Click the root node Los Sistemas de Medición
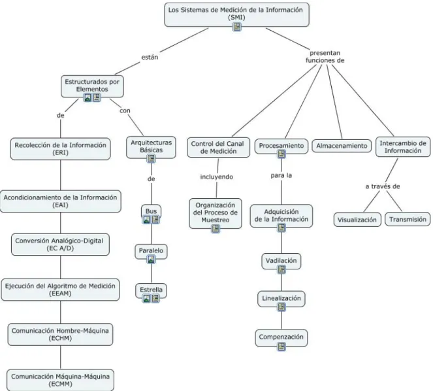tap(236, 14)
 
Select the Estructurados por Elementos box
tap(92, 86)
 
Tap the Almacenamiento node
tap(342, 146)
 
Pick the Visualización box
tap(357, 220)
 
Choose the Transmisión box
tap(408, 219)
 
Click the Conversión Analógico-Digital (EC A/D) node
tap(60, 245)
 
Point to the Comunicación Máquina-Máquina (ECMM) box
tap(60, 380)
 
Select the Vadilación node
tap(281, 261)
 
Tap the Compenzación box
tap(281, 337)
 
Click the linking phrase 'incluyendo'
tap(217, 177)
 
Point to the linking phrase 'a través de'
tap(383, 186)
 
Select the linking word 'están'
tap(150, 58)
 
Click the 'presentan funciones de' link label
tap(325, 57)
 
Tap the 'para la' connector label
tap(281, 175)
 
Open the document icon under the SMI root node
tap(236, 27)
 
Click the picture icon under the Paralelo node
tap(151, 260)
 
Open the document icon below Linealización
tap(281, 307)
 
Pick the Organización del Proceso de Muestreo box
tap(216, 213)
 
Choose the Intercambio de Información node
tap(403, 147)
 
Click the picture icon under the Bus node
tap(147, 220)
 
